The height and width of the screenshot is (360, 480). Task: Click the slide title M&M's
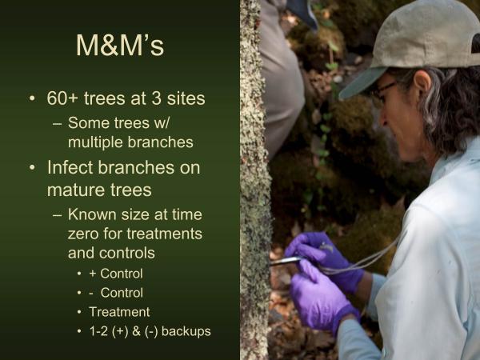point(120,46)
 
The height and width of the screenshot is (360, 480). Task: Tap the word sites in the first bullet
point(183,100)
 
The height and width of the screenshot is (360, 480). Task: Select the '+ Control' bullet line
point(116,273)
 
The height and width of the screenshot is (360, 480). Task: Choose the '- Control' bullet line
point(116,292)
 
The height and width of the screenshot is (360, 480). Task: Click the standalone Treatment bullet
point(119,311)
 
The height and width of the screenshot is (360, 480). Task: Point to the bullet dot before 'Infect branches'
point(31,170)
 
